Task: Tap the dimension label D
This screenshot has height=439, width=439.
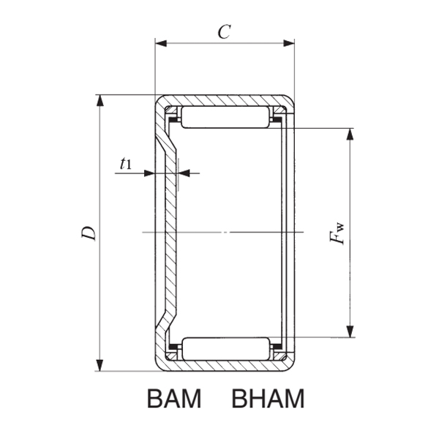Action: click(88, 233)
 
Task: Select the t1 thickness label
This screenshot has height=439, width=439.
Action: click(126, 164)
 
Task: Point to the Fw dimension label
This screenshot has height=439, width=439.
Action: click(337, 236)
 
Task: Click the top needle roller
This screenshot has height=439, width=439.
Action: click(225, 118)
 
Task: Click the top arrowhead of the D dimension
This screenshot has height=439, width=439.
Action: click(100, 100)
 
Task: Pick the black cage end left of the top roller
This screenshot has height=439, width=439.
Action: click(174, 117)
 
